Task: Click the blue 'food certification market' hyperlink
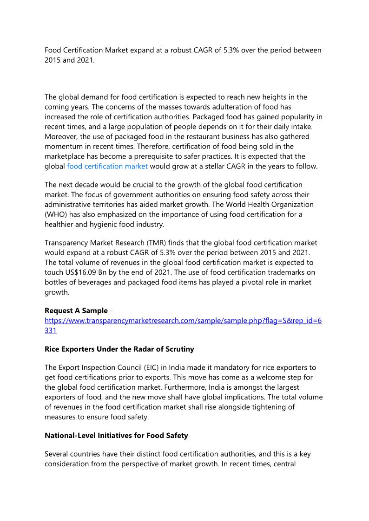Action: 107,166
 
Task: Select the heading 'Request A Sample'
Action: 76,310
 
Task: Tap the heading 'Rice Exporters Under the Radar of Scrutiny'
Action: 119,349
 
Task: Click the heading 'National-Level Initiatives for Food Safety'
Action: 116,436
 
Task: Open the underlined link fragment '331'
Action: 51,330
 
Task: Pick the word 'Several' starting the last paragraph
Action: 57,454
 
